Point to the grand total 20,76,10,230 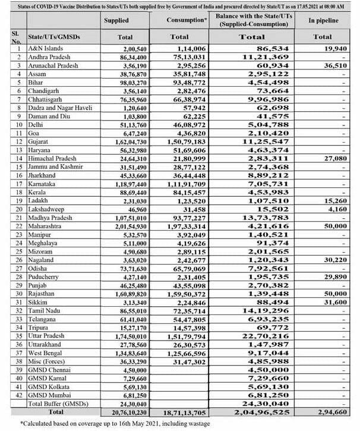pyautogui.click(x=125, y=411)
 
